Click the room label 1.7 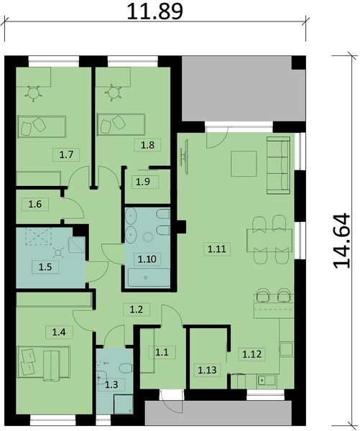(67, 154)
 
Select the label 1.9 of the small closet (142, 180)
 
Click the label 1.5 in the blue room (45, 267)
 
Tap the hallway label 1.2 (137, 310)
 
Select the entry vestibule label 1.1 (162, 351)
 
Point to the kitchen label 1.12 (251, 353)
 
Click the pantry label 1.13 (206, 370)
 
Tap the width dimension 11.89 (154, 11)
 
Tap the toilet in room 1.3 (124, 367)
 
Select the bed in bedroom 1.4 (43, 361)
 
